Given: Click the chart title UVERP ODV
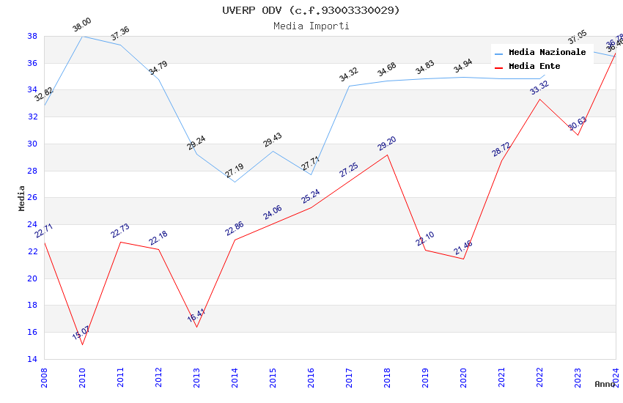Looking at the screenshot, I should [x=311, y=10].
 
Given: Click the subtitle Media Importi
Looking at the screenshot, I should [x=311, y=26].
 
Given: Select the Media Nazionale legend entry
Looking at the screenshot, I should [x=547, y=53].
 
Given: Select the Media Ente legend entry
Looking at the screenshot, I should [x=534, y=67].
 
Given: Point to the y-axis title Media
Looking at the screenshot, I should [x=22, y=198].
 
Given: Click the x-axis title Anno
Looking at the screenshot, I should [x=605, y=384].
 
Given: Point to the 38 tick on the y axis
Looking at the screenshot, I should [x=32, y=36].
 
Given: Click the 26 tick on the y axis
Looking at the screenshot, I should [x=32, y=198].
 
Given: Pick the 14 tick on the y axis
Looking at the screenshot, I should [x=32, y=359].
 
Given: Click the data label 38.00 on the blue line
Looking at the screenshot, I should [x=82, y=26].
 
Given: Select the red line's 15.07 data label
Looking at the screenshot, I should [x=81, y=333].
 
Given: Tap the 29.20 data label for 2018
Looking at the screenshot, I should [x=387, y=144].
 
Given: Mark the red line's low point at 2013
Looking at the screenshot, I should [x=196, y=327].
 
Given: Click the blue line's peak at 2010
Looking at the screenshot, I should [x=82, y=36].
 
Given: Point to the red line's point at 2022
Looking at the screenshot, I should [x=539, y=98].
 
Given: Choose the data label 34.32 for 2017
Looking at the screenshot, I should [x=349, y=75].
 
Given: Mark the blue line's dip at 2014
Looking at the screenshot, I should [x=235, y=182].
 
